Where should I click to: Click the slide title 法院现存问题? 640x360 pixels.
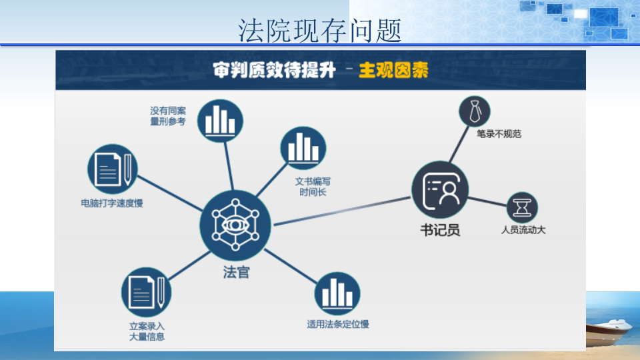point(320,29)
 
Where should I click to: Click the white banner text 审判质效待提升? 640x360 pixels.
point(274,70)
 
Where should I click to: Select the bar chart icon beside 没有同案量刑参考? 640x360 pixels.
point(219,121)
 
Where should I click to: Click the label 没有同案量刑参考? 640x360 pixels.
point(168,116)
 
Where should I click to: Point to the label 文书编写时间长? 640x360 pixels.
point(313,187)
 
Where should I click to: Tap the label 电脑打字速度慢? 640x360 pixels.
point(112,203)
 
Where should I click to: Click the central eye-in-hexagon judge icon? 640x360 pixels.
point(235,225)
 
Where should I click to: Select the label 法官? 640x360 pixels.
point(235,273)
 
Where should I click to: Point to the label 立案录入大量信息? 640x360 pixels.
point(147,331)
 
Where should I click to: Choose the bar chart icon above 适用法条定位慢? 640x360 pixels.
point(337,293)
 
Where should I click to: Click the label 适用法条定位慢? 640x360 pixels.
point(338,325)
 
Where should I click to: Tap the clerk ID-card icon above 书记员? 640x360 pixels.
point(440,190)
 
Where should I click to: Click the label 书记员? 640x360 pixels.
point(440,230)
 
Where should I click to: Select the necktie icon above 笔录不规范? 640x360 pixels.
point(475,110)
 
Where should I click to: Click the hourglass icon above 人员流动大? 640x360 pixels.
point(522,207)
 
